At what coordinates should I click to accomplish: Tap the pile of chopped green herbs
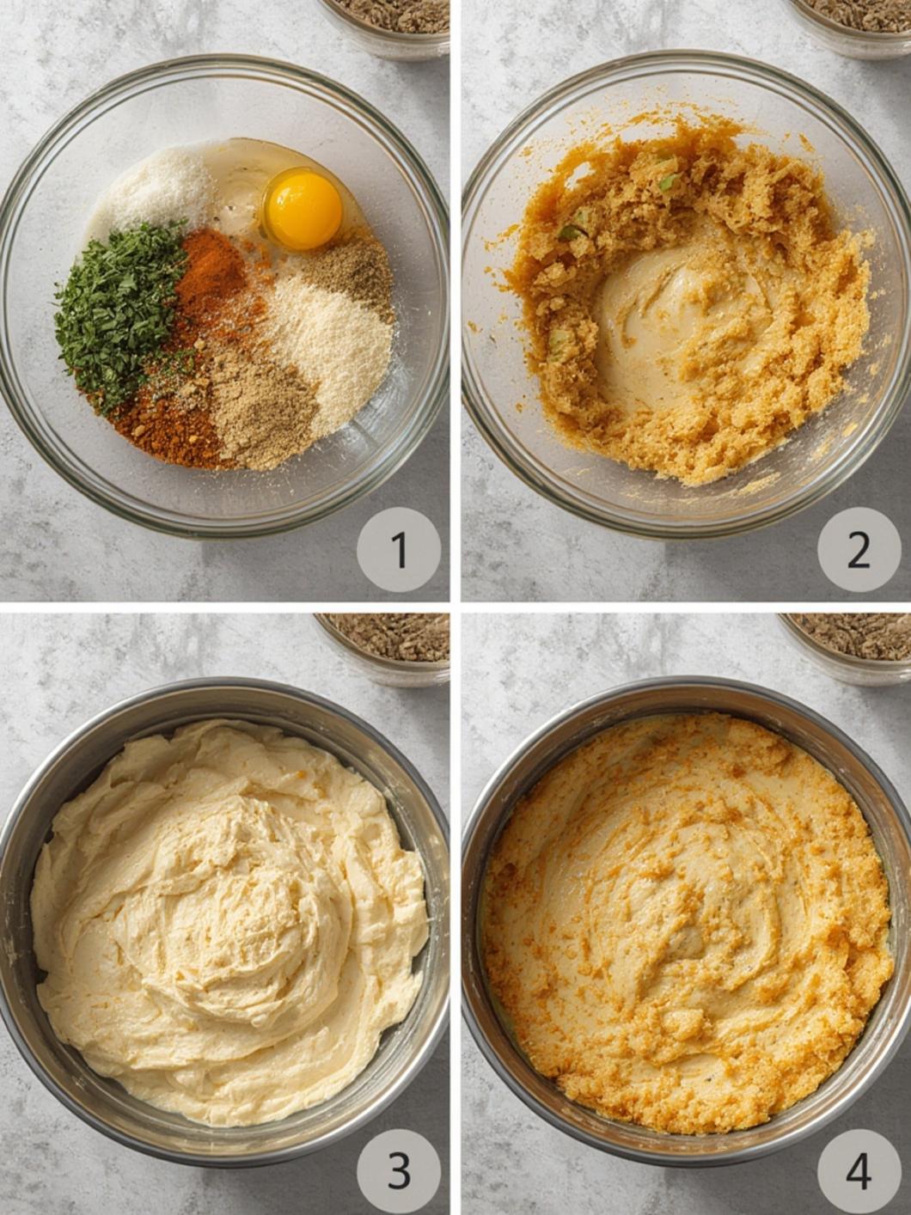tap(120, 314)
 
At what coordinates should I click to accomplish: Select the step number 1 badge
tap(399, 549)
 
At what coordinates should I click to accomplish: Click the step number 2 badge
tap(859, 549)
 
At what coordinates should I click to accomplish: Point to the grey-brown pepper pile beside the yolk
tap(350, 272)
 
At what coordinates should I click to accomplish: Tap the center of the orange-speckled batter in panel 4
tap(687, 930)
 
